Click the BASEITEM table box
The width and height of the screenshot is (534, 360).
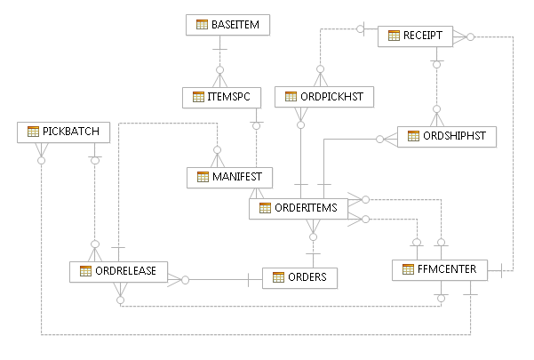pyautogui.click(x=228, y=25)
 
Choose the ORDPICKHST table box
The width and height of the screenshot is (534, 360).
pyautogui.click(x=324, y=96)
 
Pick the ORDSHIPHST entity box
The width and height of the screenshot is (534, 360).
pyautogui.click(x=447, y=136)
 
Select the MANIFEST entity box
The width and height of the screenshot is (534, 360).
pyautogui.click(x=229, y=177)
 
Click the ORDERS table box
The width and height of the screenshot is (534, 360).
pyautogui.click(x=300, y=277)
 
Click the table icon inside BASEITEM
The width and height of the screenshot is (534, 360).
pyautogui.click(x=202, y=25)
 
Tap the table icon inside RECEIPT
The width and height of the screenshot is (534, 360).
pyautogui.click(x=393, y=36)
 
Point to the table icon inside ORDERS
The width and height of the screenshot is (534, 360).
pyautogui.click(x=277, y=277)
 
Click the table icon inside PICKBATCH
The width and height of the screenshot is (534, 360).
pyautogui.click(x=34, y=132)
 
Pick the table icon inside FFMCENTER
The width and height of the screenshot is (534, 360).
pyautogui.click(x=408, y=270)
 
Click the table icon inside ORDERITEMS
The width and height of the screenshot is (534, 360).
pyautogui.click(x=265, y=209)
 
